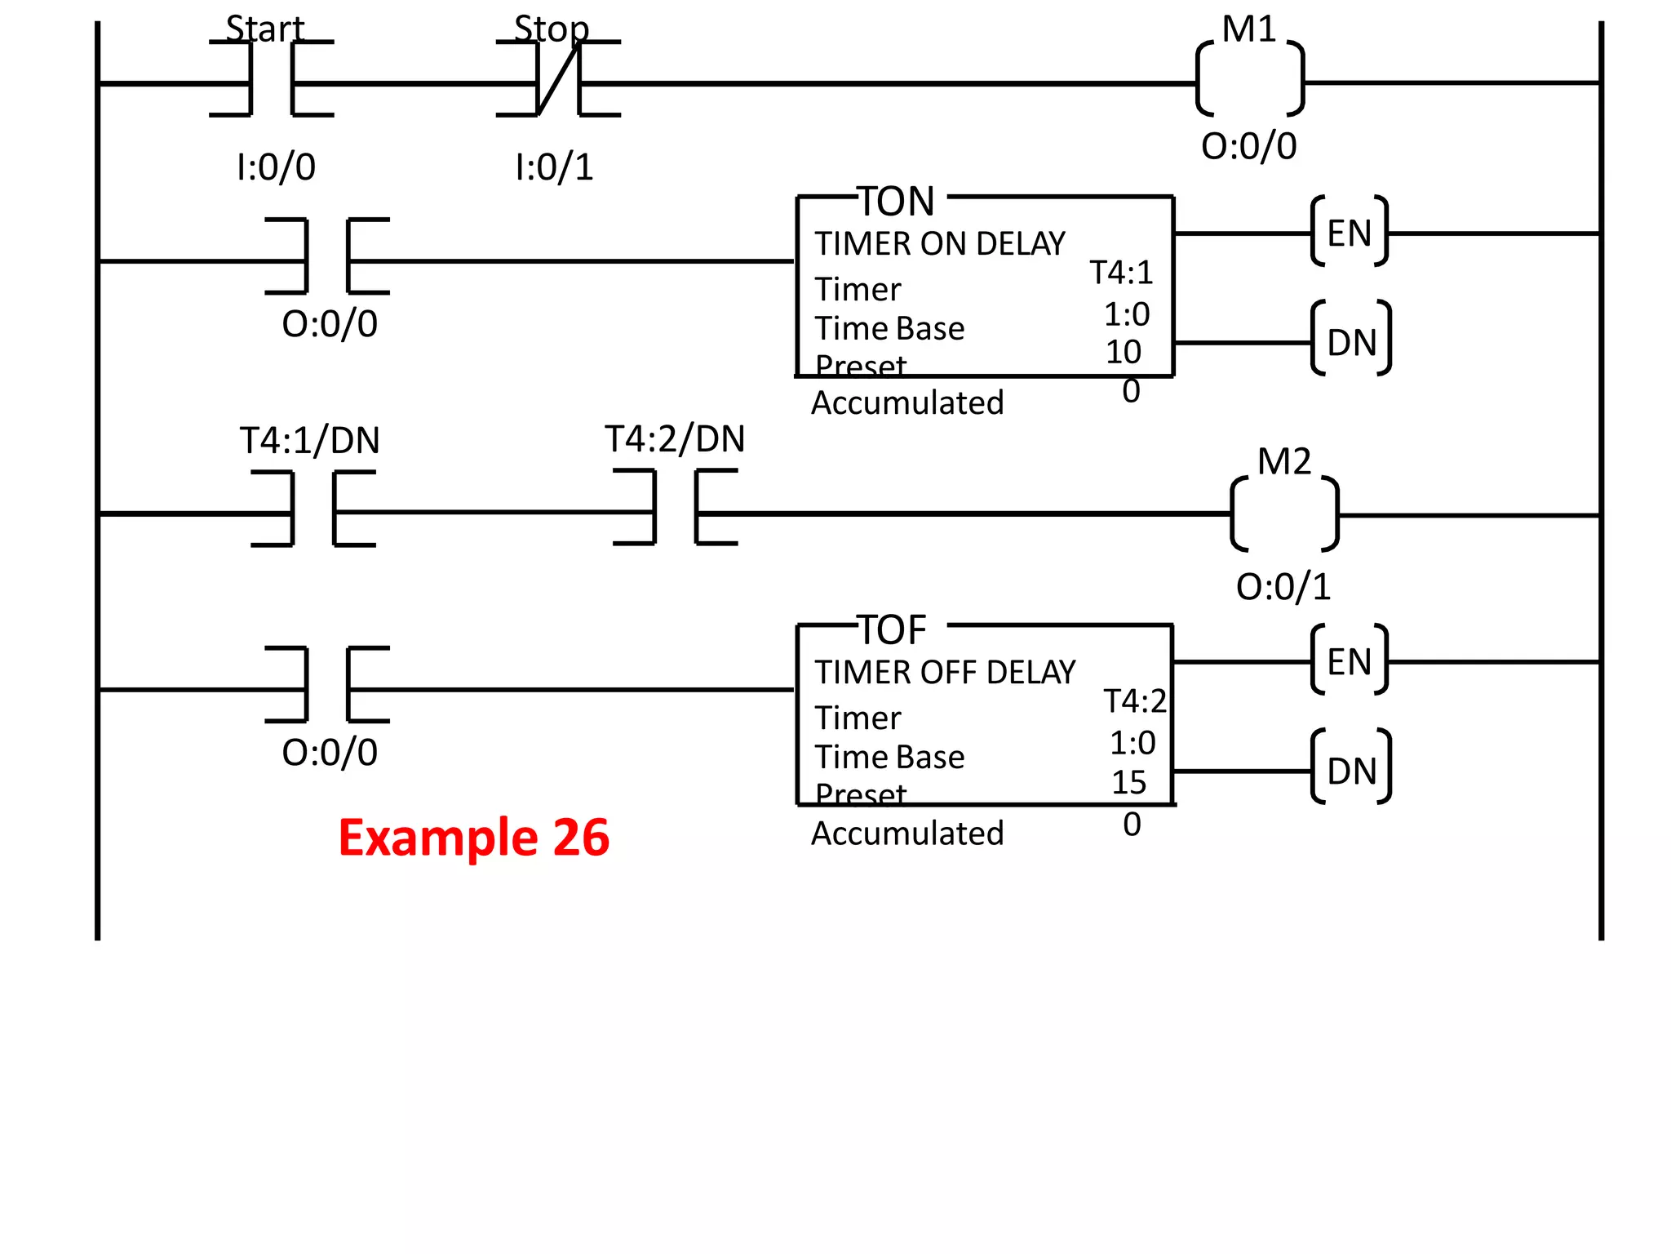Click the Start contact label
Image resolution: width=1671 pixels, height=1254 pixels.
pos(264,29)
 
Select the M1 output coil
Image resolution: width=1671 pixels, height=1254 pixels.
pos(1249,80)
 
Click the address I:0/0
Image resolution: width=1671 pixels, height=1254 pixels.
pos(276,167)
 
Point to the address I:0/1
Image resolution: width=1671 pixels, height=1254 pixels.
pos(554,167)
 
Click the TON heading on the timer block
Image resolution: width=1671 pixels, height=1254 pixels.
pos(896,201)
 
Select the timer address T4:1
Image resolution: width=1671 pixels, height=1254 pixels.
pos(1121,273)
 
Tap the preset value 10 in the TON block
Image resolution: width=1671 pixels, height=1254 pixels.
pos(1123,352)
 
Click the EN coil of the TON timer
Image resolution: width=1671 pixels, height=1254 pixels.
pos(1349,233)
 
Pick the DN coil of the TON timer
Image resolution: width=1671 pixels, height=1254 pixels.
pos(1350,342)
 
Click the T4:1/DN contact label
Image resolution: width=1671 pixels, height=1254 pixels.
pos(309,441)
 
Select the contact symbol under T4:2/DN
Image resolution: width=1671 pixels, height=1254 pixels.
pos(675,507)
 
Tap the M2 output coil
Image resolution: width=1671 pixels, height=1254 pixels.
pos(1284,514)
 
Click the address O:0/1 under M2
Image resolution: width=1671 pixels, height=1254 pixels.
pos(1283,587)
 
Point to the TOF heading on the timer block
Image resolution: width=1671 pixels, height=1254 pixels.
pos(893,630)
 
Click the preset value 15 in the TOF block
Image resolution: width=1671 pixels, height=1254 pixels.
pos(1128,782)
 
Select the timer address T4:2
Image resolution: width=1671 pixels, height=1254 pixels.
pos(1135,701)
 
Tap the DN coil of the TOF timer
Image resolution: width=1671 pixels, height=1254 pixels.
pos(1350,771)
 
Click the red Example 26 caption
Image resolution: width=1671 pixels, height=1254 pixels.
pos(473,838)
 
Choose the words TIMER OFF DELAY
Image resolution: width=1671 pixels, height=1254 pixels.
pos(945,673)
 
